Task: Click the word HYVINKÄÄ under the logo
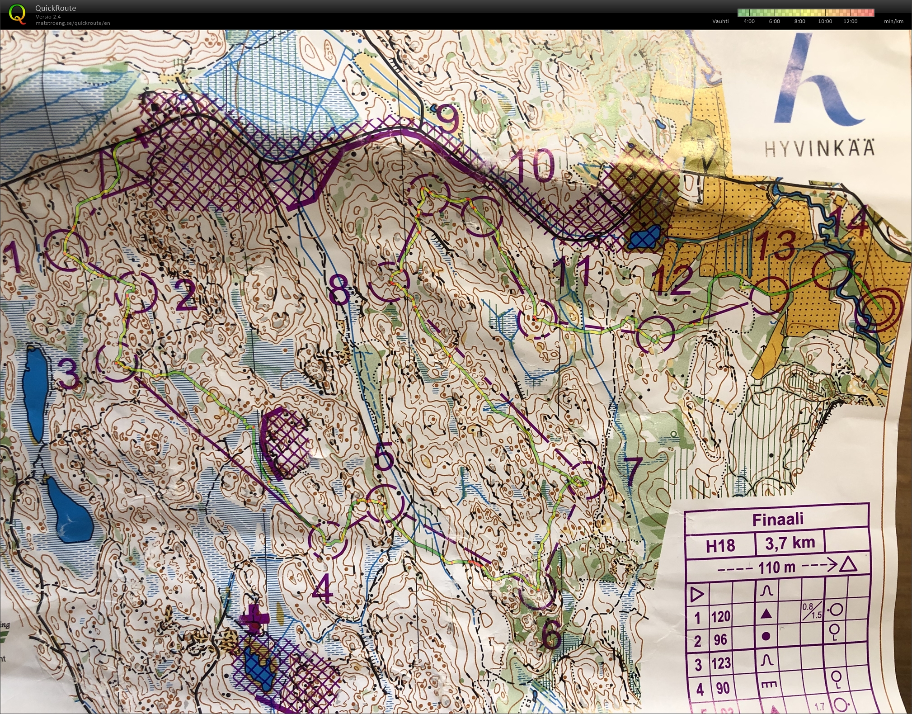[819, 149]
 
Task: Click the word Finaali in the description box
[777, 519]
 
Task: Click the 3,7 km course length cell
[790, 543]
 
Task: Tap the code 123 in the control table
[721, 663]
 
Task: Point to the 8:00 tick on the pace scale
[799, 21]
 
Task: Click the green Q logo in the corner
[17, 14]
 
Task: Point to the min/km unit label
[893, 21]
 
